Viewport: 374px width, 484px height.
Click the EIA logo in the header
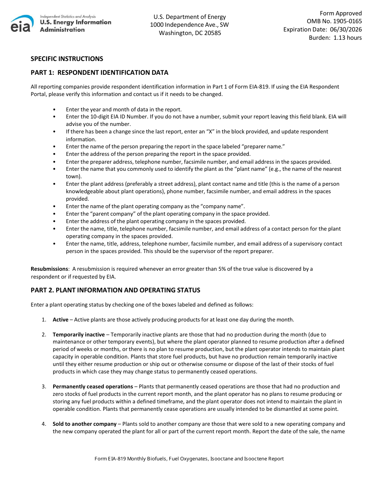22,24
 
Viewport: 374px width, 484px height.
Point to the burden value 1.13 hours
347,38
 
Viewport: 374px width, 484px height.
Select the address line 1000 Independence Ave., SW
189,25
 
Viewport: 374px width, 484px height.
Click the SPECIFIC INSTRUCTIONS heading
67,59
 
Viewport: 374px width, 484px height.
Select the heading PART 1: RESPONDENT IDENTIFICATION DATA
100,72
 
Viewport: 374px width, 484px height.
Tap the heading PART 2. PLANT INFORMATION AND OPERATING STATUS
115,290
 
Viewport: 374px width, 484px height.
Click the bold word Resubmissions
50,269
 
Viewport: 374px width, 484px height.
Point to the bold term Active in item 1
61,320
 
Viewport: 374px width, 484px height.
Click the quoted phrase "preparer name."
267,147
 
